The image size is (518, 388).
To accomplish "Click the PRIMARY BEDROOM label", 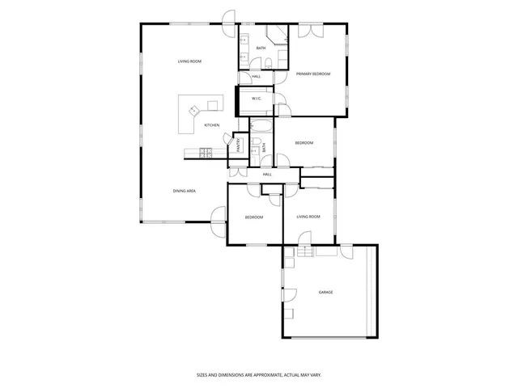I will (313, 74).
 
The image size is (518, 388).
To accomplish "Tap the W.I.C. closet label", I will (256, 99).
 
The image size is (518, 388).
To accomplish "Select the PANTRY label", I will (240, 145).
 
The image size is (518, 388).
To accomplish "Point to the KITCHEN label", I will (211, 124).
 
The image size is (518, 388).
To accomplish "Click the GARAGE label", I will (325, 292).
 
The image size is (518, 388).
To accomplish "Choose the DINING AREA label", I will (185, 191).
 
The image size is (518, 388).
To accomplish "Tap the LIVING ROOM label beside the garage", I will (308, 217).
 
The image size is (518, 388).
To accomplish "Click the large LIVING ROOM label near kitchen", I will (189, 61).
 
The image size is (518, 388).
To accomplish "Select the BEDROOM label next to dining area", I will (254, 217).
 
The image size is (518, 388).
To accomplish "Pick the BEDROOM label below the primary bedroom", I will (304, 143).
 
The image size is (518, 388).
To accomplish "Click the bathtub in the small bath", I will (261, 125).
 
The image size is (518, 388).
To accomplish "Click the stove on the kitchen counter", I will (206, 151).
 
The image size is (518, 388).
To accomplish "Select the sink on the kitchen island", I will (193, 111).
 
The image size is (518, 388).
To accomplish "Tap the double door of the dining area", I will (219, 217).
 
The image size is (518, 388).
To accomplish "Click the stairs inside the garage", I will (304, 254).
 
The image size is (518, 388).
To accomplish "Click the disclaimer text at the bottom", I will (259, 374).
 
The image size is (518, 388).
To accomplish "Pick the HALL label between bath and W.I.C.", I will (257, 77).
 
